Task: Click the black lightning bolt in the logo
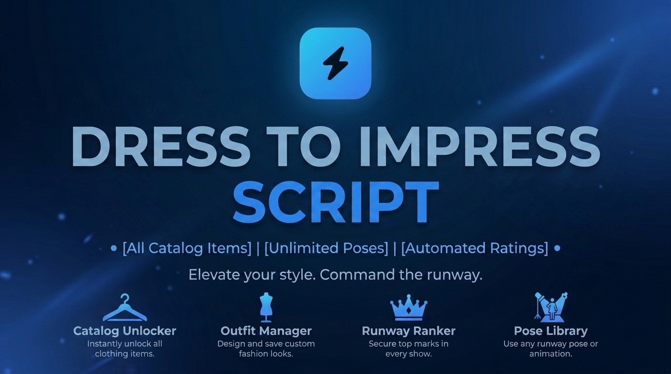pyautogui.click(x=335, y=63)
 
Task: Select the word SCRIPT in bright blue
pyautogui.click(x=336, y=202)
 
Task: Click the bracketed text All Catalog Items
pyautogui.click(x=187, y=248)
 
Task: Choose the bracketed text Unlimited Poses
pyautogui.click(x=326, y=248)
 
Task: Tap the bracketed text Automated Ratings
pyautogui.click(x=475, y=248)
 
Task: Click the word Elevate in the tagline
pyautogui.click(x=215, y=275)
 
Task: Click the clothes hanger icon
pyautogui.click(x=125, y=308)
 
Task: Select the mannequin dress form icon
pyautogui.click(x=266, y=307)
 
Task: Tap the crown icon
pyautogui.click(x=409, y=308)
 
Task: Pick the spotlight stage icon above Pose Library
pyautogui.click(x=551, y=307)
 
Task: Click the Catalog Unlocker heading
pyautogui.click(x=125, y=331)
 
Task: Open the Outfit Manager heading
pyautogui.click(x=266, y=331)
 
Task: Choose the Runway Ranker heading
pyautogui.click(x=409, y=331)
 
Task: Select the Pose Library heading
pyautogui.click(x=551, y=331)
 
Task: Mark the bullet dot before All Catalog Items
pyautogui.click(x=114, y=248)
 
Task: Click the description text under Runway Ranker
pyautogui.click(x=409, y=349)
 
